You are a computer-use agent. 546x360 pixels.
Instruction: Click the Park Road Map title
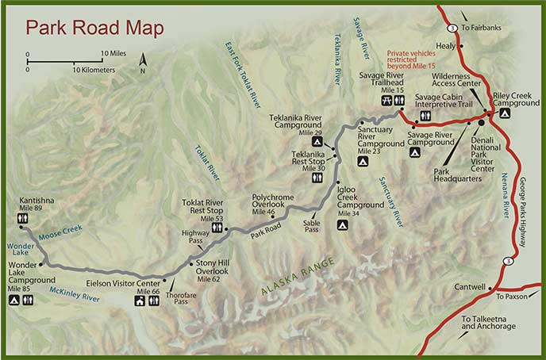click(x=95, y=28)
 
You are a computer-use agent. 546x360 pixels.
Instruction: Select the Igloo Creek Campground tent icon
click(x=342, y=225)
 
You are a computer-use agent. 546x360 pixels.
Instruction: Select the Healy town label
click(x=466, y=47)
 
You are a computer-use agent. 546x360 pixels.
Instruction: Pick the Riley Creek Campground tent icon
click(x=505, y=113)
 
